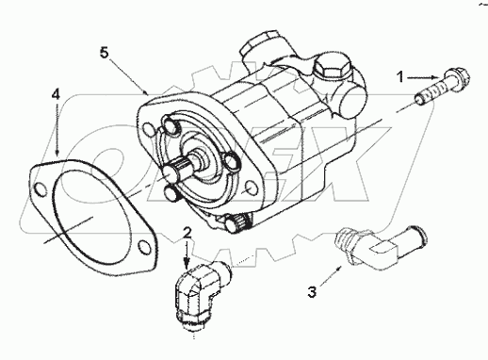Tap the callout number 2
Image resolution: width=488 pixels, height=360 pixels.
point(187,232)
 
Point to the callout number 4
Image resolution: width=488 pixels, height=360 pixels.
point(56,95)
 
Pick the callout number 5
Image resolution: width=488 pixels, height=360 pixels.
point(105,51)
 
